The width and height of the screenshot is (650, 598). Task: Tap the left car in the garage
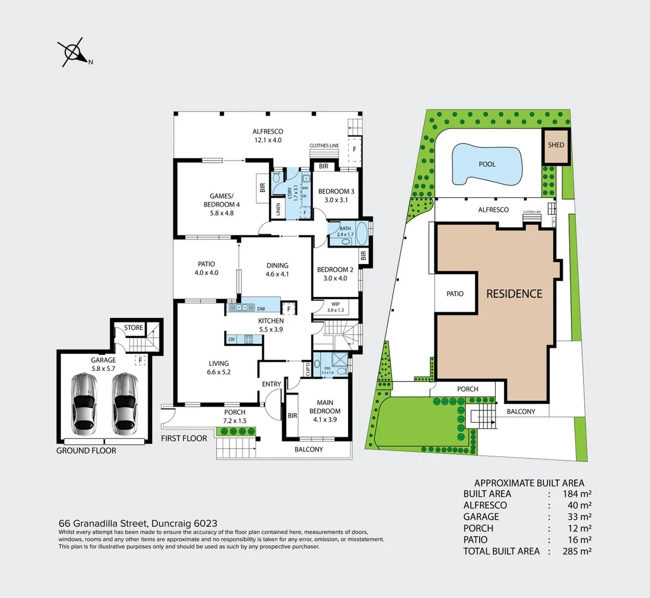(x=85, y=404)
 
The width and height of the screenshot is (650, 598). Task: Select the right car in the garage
(x=125, y=404)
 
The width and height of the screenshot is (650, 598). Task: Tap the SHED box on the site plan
(x=556, y=146)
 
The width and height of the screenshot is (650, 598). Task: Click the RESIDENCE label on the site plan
(x=514, y=294)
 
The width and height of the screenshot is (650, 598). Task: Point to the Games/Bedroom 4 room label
(x=221, y=204)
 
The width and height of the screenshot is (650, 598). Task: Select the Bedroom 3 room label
(x=336, y=195)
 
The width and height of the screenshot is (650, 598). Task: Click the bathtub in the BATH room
(x=361, y=234)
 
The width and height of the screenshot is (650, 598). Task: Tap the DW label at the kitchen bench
(x=261, y=309)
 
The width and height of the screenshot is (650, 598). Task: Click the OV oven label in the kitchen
(x=231, y=339)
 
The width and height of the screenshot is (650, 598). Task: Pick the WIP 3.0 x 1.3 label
(x=335, y=307)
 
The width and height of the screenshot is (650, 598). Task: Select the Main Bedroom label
(x=325, y=411)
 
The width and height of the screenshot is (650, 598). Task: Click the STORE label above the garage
(x=133, y=328)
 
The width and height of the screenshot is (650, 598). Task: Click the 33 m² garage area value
(x=579, y=517)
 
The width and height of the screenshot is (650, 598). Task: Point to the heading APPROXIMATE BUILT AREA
(x=529, y=483)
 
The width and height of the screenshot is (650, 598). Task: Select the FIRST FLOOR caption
(x=184, y=438)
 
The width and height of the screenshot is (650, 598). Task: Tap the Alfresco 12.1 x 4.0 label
(x=268, y=136)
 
